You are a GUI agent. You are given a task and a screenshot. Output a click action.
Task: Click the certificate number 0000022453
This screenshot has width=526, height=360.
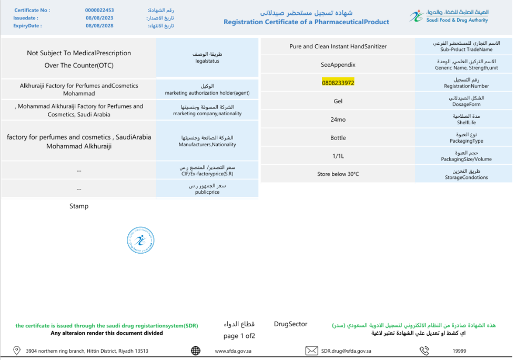coord(99,10)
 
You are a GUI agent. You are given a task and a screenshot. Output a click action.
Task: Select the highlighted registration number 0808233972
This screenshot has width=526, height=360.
coord(338,83)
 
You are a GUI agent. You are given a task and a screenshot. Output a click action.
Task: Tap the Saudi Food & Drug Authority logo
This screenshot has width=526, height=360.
coord(448,16)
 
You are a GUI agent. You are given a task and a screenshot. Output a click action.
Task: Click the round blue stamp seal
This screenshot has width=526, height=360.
coord(140,241)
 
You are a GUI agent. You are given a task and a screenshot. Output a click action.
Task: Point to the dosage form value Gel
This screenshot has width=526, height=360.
coord(338,101)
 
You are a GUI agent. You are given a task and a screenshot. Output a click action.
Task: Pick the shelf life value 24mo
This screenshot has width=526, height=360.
coord(338,119)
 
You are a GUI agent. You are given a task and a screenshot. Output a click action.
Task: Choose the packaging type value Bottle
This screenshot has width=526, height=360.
coord(338,138)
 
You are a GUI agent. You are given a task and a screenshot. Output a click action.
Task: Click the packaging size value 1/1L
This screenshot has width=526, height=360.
coord(338,156)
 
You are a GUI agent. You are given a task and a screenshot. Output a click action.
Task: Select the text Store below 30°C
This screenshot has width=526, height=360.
coord(338,174)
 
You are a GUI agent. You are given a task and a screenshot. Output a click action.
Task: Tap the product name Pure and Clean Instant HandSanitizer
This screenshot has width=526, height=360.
coord(338,46)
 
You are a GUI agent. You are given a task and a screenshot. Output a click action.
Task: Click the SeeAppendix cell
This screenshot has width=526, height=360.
coord(338,65)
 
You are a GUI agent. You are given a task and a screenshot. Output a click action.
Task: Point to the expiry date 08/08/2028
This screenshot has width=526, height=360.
coord(99,25)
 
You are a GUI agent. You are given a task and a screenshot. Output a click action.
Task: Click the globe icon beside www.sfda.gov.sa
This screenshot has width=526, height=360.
coord(196,351)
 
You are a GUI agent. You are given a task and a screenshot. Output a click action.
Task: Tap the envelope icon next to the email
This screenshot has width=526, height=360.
coord(312,351)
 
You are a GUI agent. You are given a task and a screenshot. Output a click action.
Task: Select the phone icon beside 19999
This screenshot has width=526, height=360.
coord(424,351)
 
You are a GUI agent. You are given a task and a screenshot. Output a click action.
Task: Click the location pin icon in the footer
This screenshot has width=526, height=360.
coord(16,351)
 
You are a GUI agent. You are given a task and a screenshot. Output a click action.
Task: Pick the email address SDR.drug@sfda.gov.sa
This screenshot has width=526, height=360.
coord(346,351)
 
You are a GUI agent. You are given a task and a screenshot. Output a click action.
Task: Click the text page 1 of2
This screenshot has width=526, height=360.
coord(239,336)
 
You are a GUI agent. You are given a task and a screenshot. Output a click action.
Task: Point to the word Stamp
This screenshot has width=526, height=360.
coord(79,206)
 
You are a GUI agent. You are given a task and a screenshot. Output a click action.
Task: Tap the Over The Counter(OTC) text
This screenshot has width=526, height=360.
coord(79,66)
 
